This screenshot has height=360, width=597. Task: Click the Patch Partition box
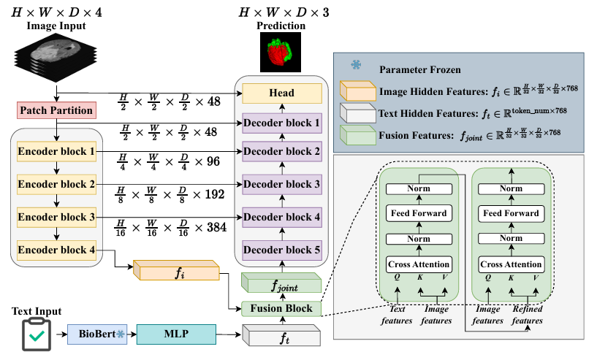tap(57, 112)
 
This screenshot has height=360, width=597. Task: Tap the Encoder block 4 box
tap(57, 250)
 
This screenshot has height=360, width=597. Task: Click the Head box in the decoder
tap(282, 92)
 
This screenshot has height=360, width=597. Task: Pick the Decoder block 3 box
tap(282, 184)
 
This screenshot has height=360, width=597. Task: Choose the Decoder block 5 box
tap(282, 250)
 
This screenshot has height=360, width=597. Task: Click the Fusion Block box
tap(282, 308)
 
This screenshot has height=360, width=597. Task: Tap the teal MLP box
tap(176, 335)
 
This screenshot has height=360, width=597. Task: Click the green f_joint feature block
tap(281, 282)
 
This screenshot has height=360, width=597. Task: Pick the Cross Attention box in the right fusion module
tap(511, 264)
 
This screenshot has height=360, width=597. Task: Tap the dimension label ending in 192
tap(173, 195)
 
